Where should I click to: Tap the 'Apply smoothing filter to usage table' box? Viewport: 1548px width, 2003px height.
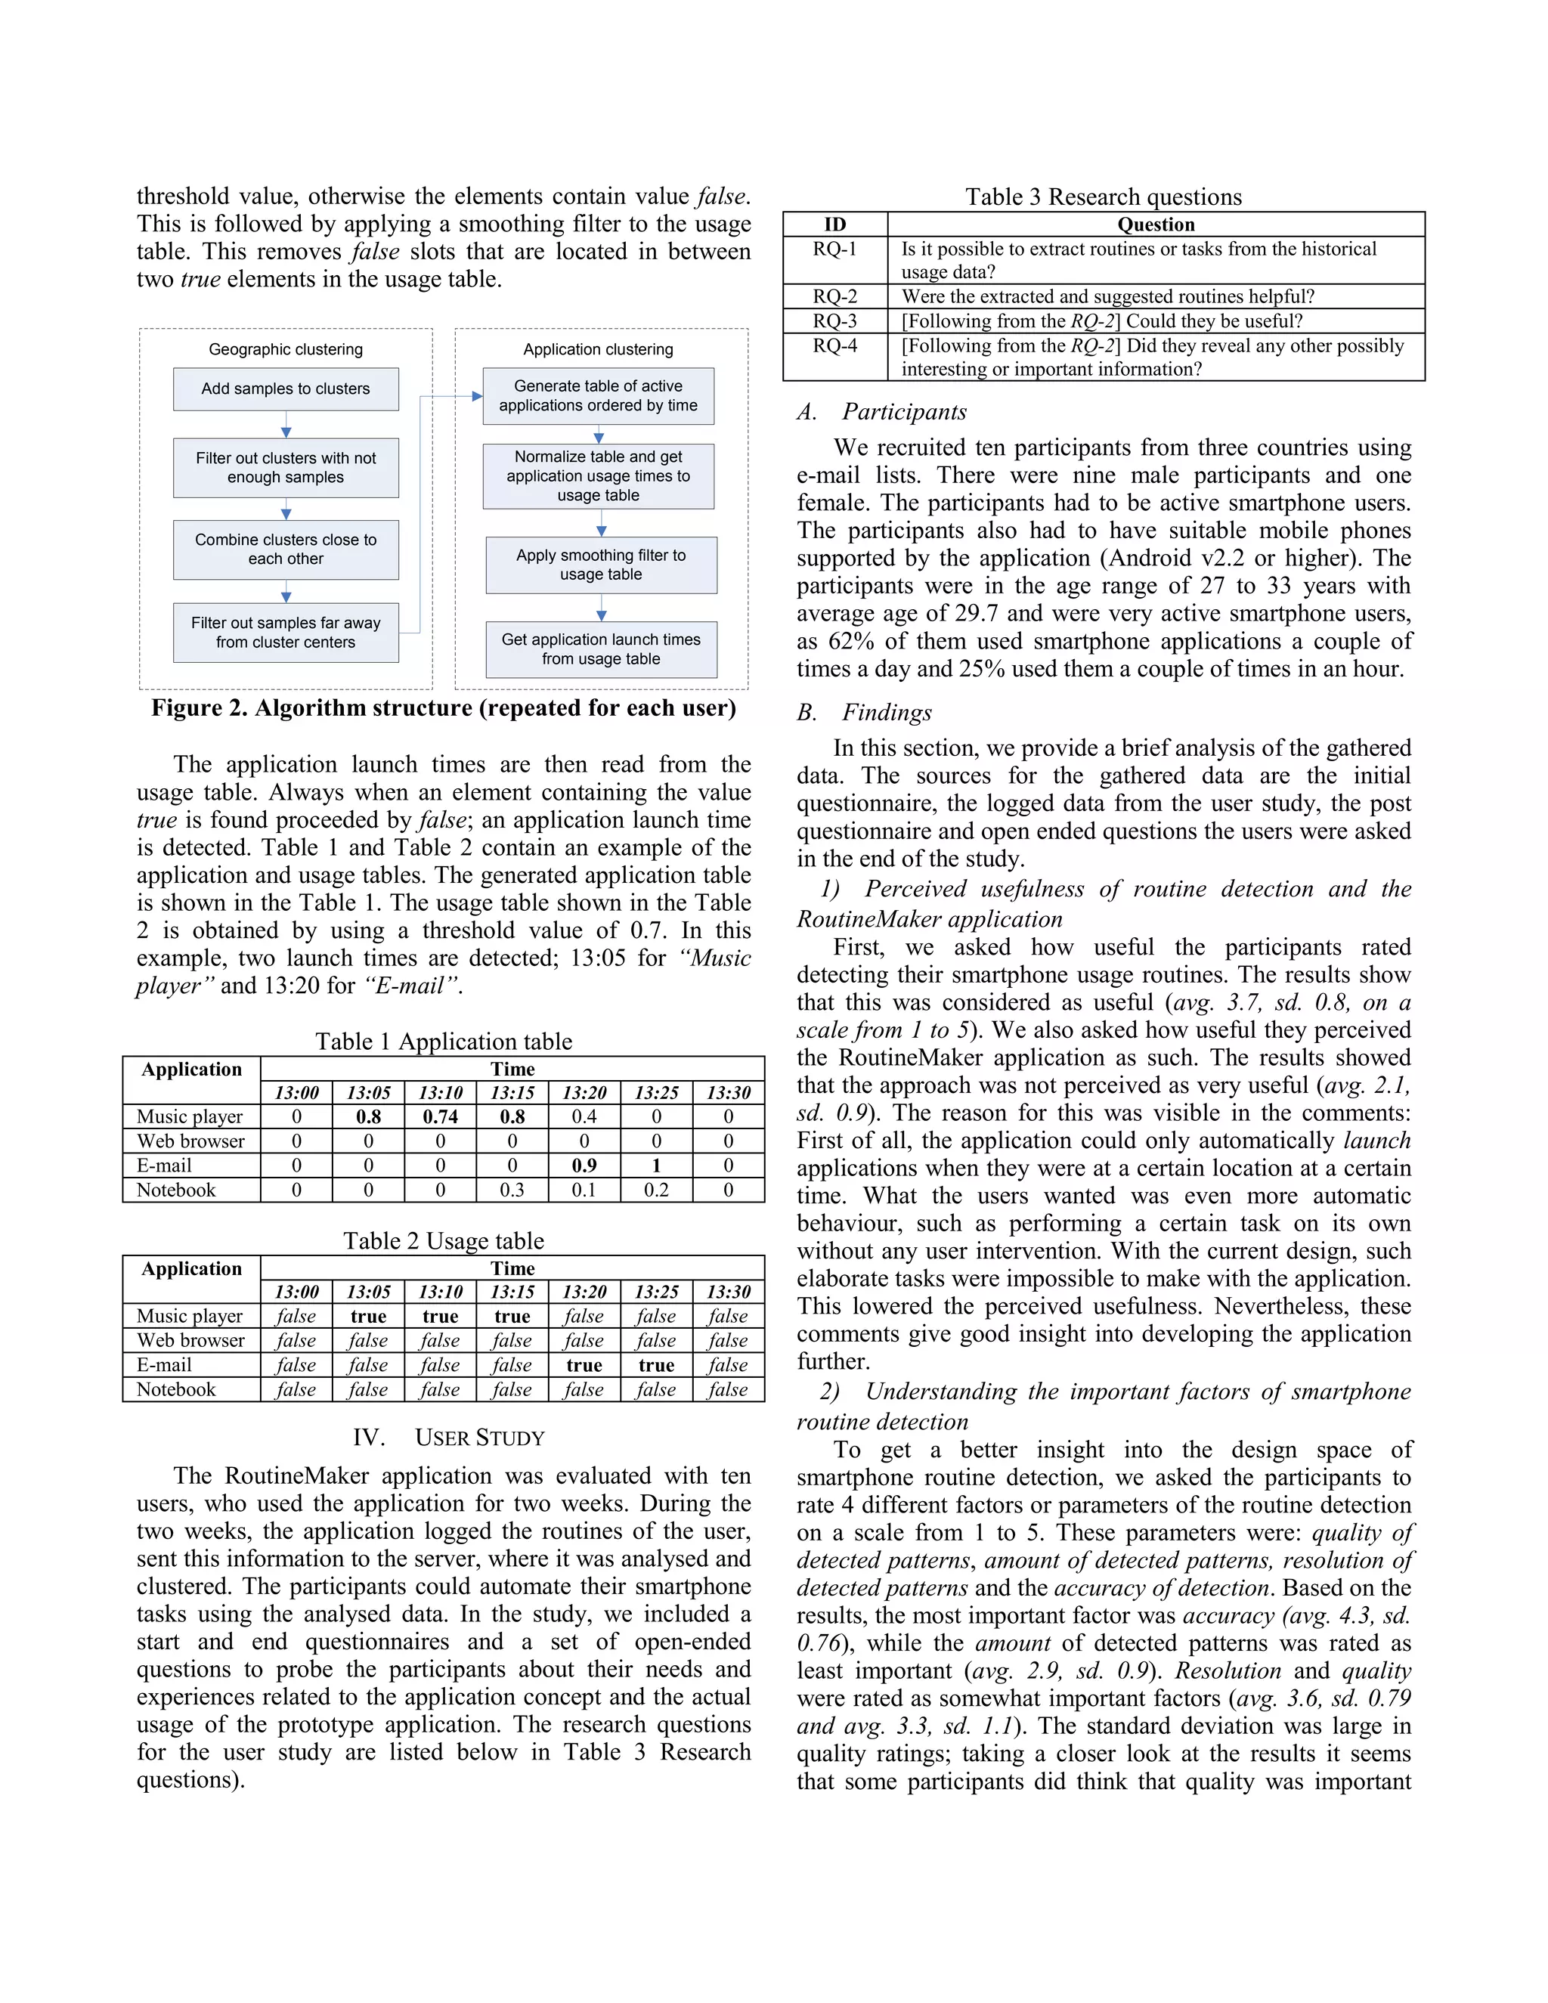coord(601,565)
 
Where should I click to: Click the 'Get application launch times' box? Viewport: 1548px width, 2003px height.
coord(601,649)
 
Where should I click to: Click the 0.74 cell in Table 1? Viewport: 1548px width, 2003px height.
coord(440,1116)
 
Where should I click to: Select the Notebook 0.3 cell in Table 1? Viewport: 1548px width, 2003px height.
coord(512,1190)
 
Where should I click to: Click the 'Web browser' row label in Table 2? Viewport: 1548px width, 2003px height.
coord(190,1341)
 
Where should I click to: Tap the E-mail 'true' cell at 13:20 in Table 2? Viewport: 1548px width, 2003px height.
coord(584,1366)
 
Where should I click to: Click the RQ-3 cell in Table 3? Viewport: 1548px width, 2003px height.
coord(834,321)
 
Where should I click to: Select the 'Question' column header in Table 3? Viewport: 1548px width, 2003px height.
coord(1156,224)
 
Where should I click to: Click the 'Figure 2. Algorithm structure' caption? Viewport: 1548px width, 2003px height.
coord(444,708)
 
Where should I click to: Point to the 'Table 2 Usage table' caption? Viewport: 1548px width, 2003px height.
coord(444,1241)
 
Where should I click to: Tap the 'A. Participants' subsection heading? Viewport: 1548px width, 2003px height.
coord(882,412)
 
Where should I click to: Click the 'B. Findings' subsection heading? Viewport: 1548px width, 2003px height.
coord(865,713)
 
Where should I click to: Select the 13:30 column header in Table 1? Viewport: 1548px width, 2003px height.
coord(728,1093)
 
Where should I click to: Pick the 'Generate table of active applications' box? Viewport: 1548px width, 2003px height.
coord(598,396)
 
